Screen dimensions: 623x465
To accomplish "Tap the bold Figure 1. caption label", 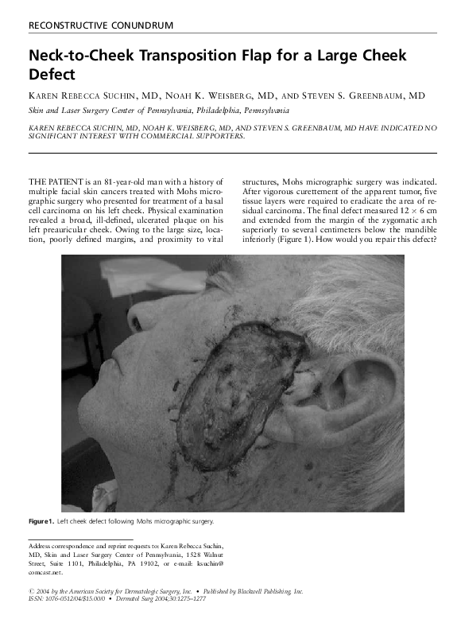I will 41,521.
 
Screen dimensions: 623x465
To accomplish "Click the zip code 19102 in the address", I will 146,563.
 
